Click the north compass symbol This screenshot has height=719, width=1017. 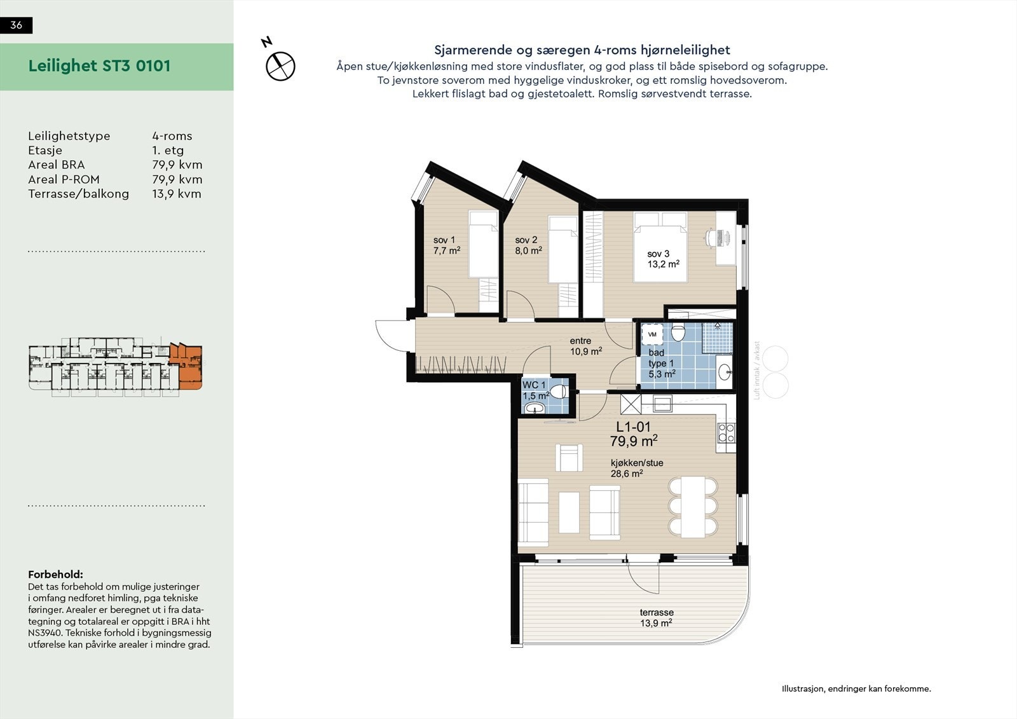(280, 65)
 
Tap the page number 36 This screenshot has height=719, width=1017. (17, 25)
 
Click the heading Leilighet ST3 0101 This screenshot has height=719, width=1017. (99, 66)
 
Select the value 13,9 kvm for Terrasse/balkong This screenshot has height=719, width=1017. (176, 194)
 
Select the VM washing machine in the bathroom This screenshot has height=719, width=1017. (652, 334)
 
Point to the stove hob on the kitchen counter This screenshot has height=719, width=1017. (726, 432)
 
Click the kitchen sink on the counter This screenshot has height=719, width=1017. (662, 403)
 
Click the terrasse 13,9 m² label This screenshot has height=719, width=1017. (657, 617)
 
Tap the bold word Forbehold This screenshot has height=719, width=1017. (55, 575)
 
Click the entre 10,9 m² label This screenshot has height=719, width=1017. (584, 346)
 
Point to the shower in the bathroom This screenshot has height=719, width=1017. (718, 338)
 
